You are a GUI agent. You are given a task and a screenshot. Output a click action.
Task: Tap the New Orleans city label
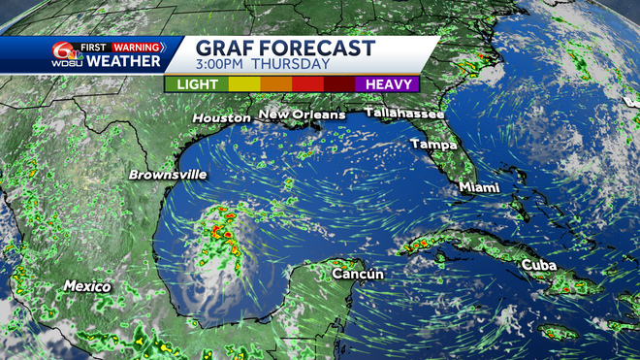301,115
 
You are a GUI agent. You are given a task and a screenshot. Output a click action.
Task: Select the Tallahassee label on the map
404,114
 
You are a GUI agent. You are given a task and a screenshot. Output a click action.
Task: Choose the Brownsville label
168,175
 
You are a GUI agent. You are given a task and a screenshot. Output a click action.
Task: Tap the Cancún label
358,275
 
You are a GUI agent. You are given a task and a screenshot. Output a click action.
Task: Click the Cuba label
540,265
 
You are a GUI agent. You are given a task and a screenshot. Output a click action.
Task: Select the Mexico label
87,286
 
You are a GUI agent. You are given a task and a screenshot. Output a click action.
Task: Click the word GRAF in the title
226,48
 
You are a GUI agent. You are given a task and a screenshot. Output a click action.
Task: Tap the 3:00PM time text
228,65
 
